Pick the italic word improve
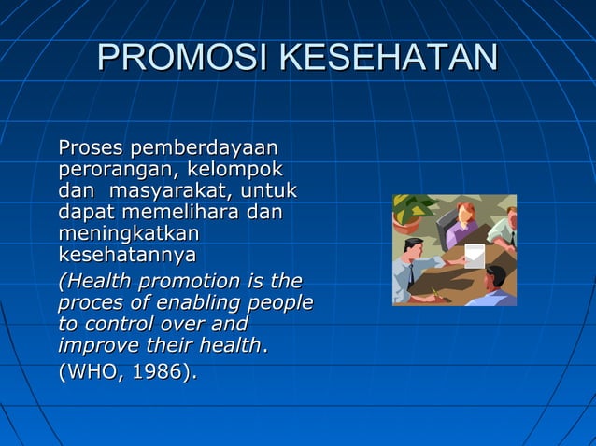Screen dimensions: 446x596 tap(93, 345)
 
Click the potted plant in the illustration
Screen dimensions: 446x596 tap(410, 210)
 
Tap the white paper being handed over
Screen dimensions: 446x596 tap(475, 255)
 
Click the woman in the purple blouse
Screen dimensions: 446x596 tap(462, 227)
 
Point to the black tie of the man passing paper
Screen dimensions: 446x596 tap(411, 274)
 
